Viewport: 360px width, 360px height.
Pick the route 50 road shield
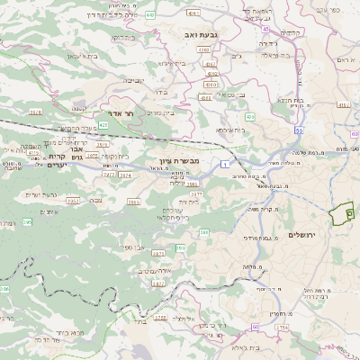pyautogui.click(x=297, y=132)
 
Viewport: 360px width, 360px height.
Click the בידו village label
pyautogui.click(x=162, y=93)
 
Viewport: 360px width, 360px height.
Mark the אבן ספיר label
pyautogui.click(x=134, y=246)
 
